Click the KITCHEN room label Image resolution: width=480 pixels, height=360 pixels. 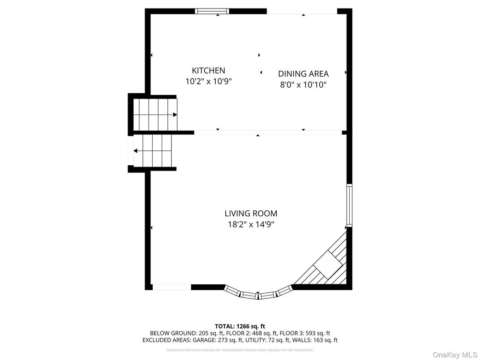click(208, 70)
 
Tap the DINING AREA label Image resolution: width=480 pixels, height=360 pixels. click(303, 74)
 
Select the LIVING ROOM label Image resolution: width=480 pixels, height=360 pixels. click(251, 214)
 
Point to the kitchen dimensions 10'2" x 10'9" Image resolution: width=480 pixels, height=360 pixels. click(208, 81)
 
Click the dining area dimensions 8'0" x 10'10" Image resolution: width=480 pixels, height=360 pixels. click(303, 85)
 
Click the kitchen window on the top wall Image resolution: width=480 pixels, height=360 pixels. click(212, 11)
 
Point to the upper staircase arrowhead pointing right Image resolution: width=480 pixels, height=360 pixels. click(175, 115)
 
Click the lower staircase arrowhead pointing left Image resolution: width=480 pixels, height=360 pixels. click(135, 151)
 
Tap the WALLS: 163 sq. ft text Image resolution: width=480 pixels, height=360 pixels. click(319, 340)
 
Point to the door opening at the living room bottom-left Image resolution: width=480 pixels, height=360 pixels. click(171, 287)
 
